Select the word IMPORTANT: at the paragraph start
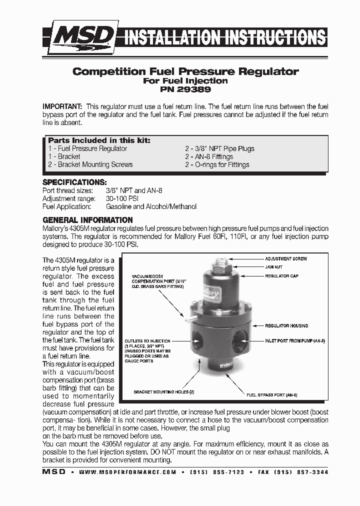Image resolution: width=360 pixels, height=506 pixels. point(62,107)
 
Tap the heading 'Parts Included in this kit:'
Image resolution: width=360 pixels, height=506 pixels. point(99,140)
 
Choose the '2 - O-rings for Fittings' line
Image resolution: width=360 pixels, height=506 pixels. point(217,164)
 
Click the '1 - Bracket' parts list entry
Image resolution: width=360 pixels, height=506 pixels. point(64,156)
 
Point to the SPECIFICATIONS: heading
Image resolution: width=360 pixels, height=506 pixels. point(74,182)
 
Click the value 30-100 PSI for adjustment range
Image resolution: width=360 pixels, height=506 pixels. point(123,198)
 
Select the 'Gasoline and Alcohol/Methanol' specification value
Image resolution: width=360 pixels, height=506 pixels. point(151,206)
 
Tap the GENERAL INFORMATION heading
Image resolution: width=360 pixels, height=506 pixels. point(87,220)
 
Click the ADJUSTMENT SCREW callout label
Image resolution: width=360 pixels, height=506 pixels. point(285,259)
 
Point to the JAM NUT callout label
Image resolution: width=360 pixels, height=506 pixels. point(273,267)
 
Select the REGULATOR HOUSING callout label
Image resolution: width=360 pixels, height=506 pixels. point(286,325)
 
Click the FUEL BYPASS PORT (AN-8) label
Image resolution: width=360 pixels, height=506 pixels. point(272,395)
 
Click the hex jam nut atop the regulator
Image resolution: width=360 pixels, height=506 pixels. point(220,269)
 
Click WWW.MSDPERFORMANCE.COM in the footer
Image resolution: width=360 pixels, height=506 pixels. point(127,472)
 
